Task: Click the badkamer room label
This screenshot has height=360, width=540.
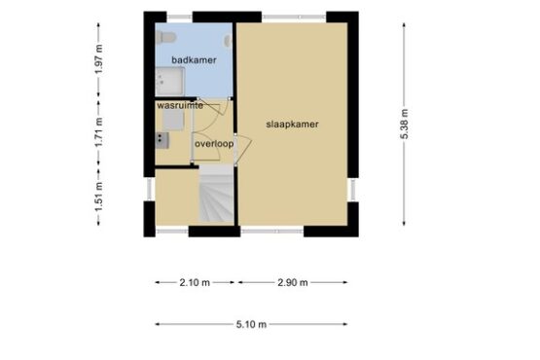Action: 194,60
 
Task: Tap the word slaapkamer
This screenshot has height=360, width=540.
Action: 293,125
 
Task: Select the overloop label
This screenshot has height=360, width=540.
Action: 214,144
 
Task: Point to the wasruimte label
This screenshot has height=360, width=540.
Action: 180,106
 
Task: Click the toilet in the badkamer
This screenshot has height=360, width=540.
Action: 165,37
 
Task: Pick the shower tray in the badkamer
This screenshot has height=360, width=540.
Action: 169,82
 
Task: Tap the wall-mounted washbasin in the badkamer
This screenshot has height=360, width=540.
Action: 229,41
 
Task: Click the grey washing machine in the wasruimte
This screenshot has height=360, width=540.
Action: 173,120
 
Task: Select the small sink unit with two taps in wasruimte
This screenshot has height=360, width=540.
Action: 162,140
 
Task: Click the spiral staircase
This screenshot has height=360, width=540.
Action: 217,194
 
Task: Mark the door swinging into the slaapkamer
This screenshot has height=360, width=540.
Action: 244,150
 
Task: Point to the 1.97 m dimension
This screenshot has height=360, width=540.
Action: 98,59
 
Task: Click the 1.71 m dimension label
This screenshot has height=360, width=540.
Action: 98,132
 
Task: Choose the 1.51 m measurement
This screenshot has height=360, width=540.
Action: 98,198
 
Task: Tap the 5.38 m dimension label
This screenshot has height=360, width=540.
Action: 405,125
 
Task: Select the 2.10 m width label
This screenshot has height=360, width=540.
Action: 195,282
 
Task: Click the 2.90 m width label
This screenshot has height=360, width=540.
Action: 293,282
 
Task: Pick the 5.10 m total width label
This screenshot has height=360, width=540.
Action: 251,324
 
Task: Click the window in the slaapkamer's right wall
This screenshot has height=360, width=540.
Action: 353,190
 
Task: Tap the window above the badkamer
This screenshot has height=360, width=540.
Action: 179,17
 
